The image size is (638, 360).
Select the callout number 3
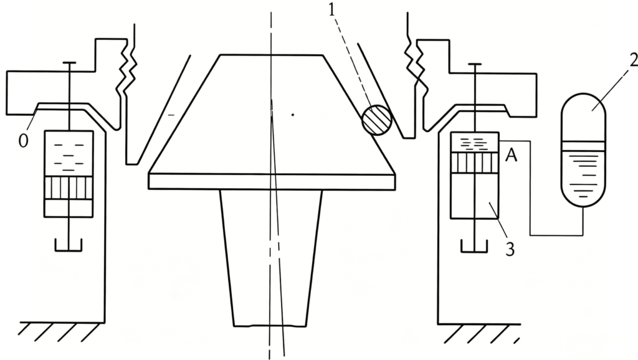[x=510, y=249]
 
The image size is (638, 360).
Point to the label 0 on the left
[x=24, y=141]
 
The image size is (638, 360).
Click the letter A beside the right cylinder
[x=511, y=155]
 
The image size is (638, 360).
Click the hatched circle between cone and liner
[x=377, y=120]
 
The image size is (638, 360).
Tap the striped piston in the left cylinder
[x=69, y=188]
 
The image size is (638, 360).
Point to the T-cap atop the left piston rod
[x=69, y=63]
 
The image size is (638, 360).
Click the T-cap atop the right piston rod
[x=475, y=64]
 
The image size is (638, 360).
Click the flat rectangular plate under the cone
[x=272, y=181]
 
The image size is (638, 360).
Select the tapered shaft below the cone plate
[x=271, y=258]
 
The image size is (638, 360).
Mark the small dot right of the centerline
[x=293, y=115]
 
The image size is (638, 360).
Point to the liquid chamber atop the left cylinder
[x=69, y=154]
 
